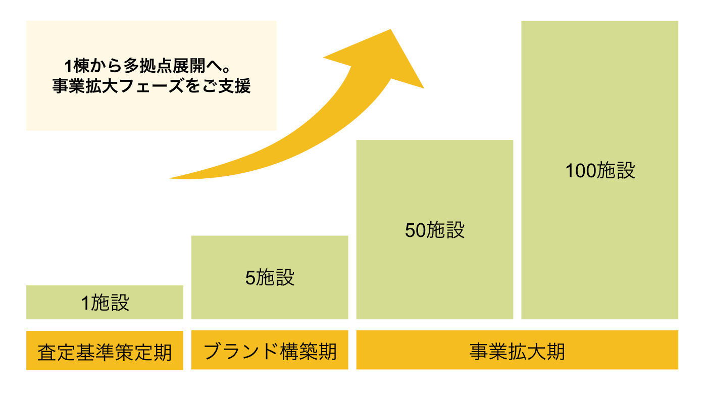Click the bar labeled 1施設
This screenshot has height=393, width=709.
coord(105,302)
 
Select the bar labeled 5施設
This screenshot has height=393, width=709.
coord(270,277)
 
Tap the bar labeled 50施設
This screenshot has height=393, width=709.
coord(435,230)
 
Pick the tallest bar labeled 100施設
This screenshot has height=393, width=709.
coord(599,170)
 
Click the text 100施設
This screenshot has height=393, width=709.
coord(600,170)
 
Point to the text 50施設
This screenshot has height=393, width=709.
coord(435,230)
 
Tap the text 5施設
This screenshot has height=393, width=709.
coord(270,277)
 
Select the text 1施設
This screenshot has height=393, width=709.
coord(106,303)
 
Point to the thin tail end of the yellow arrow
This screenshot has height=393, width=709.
coord(170,178)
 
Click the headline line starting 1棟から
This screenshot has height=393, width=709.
coord(147,66)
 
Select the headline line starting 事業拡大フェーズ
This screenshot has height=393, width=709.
coord(151,85)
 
